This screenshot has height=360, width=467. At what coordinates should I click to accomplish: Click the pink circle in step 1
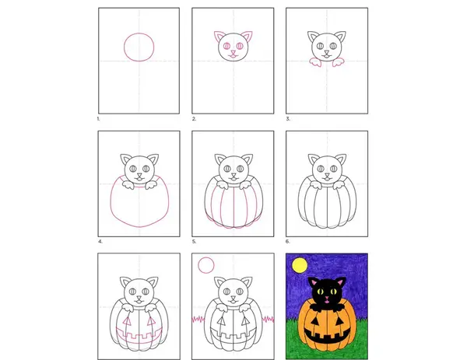click(x=125, y=47)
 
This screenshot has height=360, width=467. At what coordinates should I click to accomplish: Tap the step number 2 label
click(x=194, y=119)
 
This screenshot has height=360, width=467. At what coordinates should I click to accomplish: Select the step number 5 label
click(x=194, y=242)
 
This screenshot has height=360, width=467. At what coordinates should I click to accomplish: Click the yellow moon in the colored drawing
click(x=300, y=265)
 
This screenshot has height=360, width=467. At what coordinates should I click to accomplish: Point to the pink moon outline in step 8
click(x=198, y=265)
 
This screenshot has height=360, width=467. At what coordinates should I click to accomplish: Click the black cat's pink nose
click(x=327, y=298)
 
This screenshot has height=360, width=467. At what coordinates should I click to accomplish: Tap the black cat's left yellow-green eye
click(x=320, y=292)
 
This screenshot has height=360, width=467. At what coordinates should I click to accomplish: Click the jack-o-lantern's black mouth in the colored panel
click(x=326, y=336)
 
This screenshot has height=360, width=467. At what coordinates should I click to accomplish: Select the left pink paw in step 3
click(x=315, y=62)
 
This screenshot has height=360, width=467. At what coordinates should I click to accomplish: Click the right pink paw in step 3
click(x=338, y=62)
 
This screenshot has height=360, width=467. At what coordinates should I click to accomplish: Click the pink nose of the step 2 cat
click(x=233, y=53)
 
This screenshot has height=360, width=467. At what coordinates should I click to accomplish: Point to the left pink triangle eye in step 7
click(x=127, y=321)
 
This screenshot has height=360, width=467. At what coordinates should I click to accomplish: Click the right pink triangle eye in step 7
click(x=151, y=321)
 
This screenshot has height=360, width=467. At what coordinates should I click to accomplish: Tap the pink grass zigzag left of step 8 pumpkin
click(x=198, y=320)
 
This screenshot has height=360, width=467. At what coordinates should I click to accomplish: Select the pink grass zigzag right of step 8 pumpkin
click(x=269, y=320)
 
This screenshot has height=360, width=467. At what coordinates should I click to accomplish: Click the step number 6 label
click(x=288, y=242)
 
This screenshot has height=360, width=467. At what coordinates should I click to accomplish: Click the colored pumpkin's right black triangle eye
click(x=339, y=321)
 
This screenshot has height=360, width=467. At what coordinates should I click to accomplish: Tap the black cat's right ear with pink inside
click(x=340, y=282)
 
